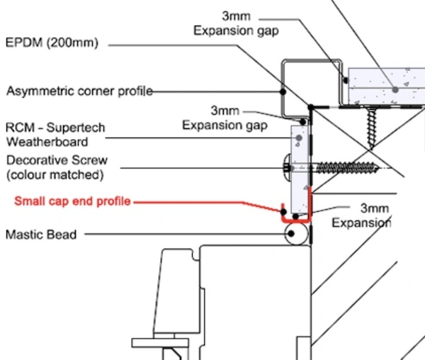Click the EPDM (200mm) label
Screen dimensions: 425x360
coord(52,43)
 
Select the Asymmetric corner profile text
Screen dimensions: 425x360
coord(79,91)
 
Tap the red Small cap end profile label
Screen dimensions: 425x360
coord(73,201)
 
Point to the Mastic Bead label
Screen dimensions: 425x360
coord(41,235)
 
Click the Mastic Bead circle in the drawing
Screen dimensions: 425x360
coord(296,234)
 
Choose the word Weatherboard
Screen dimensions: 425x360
coord(47,142)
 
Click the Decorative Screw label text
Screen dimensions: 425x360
coord(57,160)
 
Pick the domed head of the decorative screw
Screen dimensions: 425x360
coord(287,168)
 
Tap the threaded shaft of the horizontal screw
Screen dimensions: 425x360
coord(347,168)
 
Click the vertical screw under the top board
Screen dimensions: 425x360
coord(371,128)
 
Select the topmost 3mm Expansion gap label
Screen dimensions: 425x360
coord(236,23)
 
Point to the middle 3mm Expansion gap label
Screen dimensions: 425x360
coord(225,118)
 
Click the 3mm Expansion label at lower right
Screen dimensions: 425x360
coord(361,215)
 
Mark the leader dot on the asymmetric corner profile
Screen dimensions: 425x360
coord(283,91)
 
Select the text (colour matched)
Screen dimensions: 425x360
coord(55,175)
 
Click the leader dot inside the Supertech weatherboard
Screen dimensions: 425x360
coord(299,138)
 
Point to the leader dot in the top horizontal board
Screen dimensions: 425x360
coord(395,89)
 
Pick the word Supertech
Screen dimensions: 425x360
coord(76,128)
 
